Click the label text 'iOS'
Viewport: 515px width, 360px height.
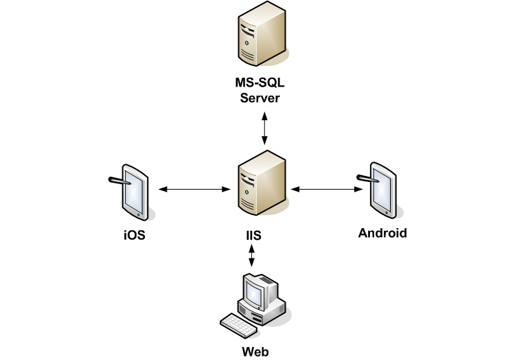[x=134, y=236]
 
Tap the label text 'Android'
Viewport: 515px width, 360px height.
[x=382, y=233]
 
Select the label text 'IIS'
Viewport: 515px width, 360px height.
[x=253, y=236]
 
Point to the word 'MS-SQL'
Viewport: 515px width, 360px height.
[x=259, y=85]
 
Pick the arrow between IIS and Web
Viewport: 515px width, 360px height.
[x=252, y=256]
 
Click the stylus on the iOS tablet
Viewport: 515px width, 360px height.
[x=119, y=181]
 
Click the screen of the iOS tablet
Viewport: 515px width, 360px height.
[x=135, y=193]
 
